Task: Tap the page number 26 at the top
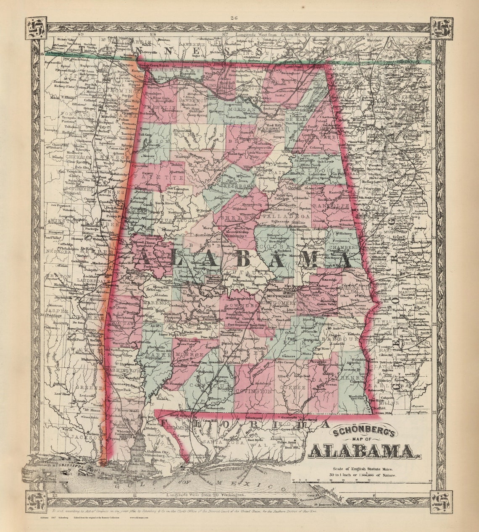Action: (234, 18)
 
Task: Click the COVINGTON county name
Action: (253, 391)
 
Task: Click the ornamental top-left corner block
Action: (36, 28)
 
